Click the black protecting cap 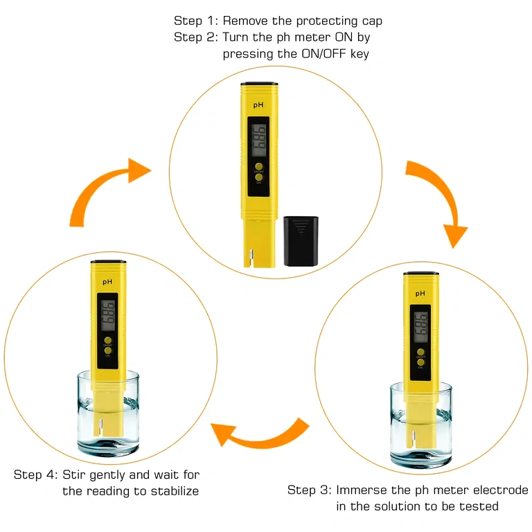coord(301,240)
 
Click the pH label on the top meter coord(258,105)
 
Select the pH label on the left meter coord(107,282)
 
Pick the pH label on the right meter coord(420,294)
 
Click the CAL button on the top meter coord(258,177)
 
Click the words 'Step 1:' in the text coord(196,21)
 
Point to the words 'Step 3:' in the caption coord(310,490)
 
